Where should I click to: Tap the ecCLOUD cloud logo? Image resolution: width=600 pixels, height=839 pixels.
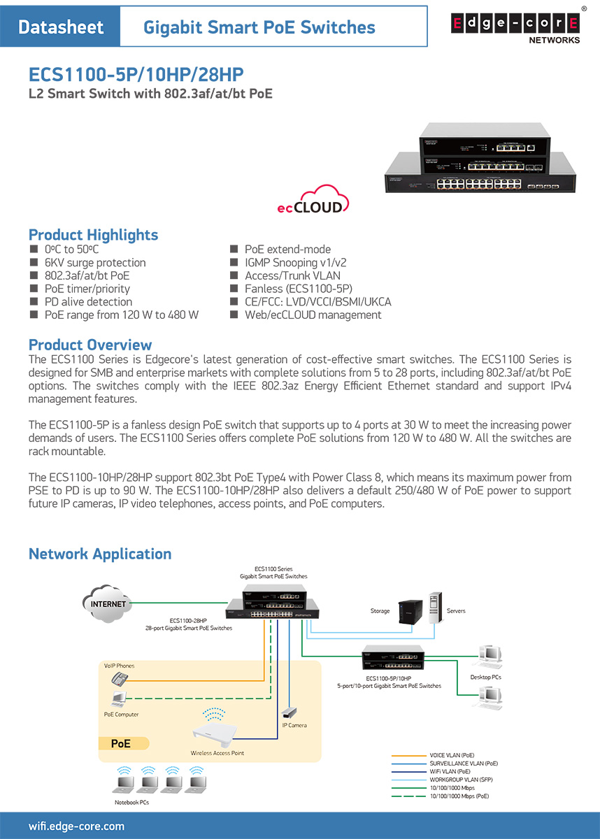click(312, 199)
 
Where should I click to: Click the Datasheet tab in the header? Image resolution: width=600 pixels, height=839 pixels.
click(61, 27)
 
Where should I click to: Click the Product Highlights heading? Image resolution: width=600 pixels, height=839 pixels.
click(93, 235)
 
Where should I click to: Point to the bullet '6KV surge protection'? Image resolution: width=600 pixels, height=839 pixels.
click(95, 263)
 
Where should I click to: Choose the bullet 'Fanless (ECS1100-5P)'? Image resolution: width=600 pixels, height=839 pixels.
click(298, 289)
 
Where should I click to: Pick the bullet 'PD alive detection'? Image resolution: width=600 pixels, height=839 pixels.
click(88, 302)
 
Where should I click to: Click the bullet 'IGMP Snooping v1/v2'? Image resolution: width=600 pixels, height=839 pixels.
click(295, 263)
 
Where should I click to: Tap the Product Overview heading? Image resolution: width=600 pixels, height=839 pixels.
click(90, 345)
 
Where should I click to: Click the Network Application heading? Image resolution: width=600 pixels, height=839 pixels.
click(99, 554)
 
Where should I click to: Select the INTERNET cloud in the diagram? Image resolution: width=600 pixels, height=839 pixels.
click(107, 603)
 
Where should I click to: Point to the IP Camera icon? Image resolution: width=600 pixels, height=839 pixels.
click(288, 712)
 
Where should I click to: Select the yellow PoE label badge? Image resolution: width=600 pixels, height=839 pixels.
click(120, 744)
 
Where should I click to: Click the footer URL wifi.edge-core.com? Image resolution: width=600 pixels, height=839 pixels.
click(76, 826)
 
